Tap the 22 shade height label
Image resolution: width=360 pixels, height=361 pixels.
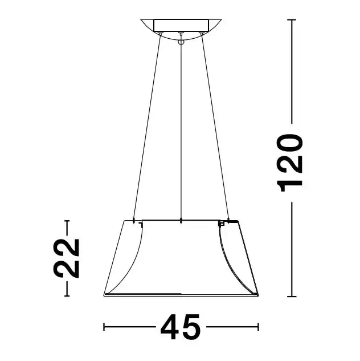click(67, 257)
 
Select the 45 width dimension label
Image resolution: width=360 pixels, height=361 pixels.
click(181, 327)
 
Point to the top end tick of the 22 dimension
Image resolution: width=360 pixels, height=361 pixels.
click(67, 221)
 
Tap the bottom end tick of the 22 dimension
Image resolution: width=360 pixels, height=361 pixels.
click(67, 295)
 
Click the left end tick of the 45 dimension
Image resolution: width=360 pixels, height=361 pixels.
click(104, 327)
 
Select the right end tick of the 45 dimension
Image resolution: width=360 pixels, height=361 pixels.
click(259, 327)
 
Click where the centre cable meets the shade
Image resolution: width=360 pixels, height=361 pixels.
click(181, 220)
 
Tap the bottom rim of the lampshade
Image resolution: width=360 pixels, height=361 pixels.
click(181, 295)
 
